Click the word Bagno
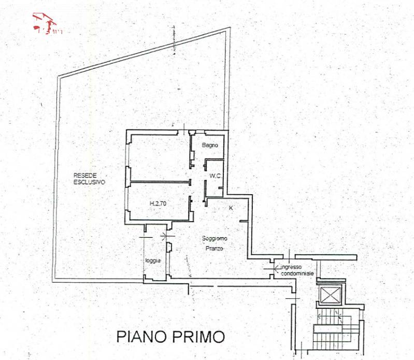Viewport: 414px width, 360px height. (x=210, y=145)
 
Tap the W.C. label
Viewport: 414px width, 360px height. (x=216, y=177)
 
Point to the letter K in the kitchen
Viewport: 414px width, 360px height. (x=231, y=208)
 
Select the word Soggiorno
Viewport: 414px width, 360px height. (x=213, y=239)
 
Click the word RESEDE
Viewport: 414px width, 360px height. (x=83, y=175)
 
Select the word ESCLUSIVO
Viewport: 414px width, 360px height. (x=89, y=182)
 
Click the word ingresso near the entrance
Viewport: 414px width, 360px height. (x=292, y=267)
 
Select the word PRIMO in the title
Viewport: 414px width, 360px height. (x=202, y=337)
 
